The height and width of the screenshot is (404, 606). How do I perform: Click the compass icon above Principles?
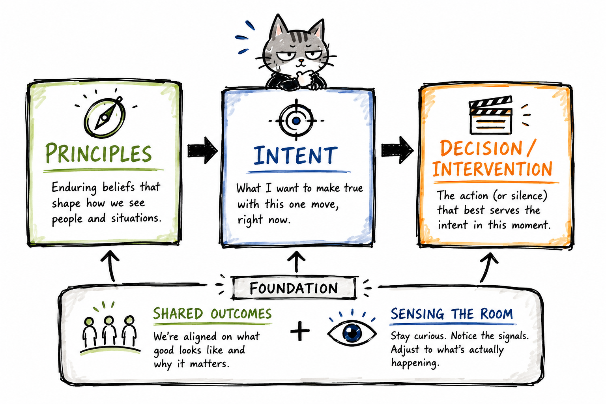105,117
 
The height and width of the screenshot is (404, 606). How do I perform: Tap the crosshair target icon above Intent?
296,120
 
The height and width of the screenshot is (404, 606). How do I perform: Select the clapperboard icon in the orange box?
490,115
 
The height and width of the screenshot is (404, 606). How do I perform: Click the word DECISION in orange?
481,148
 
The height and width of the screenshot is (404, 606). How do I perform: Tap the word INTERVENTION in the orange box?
492,169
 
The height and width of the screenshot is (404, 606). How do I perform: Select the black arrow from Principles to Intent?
202,150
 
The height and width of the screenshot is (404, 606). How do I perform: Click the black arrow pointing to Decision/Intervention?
397,150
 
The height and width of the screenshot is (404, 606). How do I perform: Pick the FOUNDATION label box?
294,288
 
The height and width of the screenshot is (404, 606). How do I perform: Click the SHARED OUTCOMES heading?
212,314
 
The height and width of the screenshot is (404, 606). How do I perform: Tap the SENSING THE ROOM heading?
452,314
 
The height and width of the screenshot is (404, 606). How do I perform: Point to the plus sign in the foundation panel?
300,331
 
